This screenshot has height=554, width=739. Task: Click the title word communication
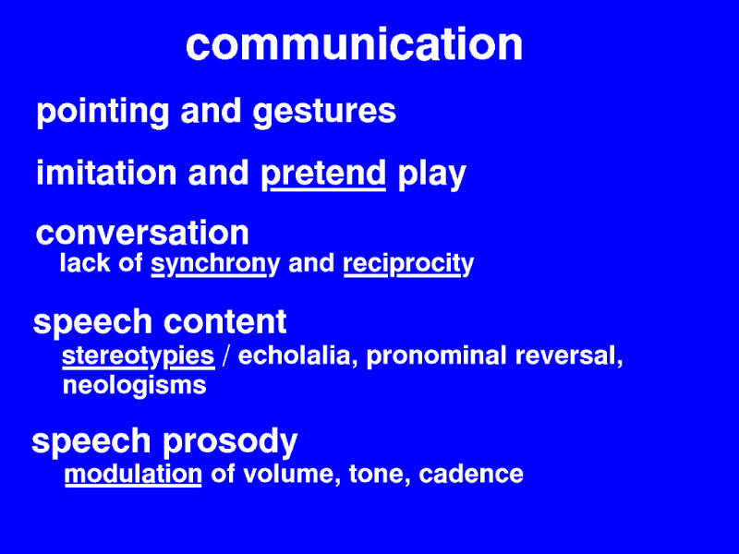point(355,43)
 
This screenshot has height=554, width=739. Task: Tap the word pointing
point(103,112)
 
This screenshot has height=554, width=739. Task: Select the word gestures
point(324,113)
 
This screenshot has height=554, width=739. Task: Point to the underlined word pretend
point(323,174)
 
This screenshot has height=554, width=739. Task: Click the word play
point(431,175)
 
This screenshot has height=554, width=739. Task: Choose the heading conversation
point(142,233)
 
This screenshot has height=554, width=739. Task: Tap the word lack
point(85,262)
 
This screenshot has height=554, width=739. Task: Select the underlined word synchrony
point(215,265)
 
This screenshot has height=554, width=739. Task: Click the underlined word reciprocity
point(408,265)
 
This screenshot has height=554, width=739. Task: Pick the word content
point(224,321)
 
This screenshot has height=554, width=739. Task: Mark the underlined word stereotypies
point(139,356)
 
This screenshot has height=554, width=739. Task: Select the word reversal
point(569,355)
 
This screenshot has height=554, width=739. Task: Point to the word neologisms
point(134,386)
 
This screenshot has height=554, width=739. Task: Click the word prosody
point(230,442)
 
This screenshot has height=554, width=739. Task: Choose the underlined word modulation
point(133,474)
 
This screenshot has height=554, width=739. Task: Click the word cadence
point(471,474)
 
